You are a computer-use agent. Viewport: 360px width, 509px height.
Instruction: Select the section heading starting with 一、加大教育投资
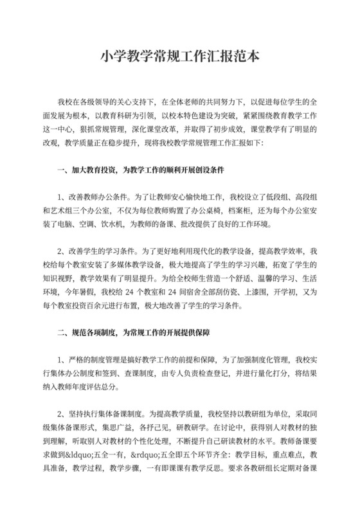[x=142, y=171]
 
